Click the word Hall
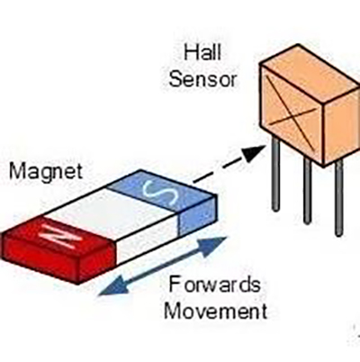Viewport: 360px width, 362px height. pos(202,52)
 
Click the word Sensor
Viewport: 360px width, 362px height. pos(203,79)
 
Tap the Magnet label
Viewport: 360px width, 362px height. pos(46,171)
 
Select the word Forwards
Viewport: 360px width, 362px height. pos(214,285)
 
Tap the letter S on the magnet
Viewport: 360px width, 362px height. pos(160,193)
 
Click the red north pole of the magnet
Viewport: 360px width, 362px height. pos(57,250)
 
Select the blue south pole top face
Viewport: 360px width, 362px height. pos(161,191)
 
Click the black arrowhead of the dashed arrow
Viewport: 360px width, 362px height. pos(255,153)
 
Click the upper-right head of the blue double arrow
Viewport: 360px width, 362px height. pos(213,246)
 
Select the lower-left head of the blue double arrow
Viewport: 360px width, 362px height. pos(113,286)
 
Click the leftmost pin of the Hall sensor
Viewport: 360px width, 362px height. pos(276,173)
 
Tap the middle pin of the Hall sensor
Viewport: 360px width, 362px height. pos(307,190)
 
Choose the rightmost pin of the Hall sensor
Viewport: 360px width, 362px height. pos(339,197)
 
